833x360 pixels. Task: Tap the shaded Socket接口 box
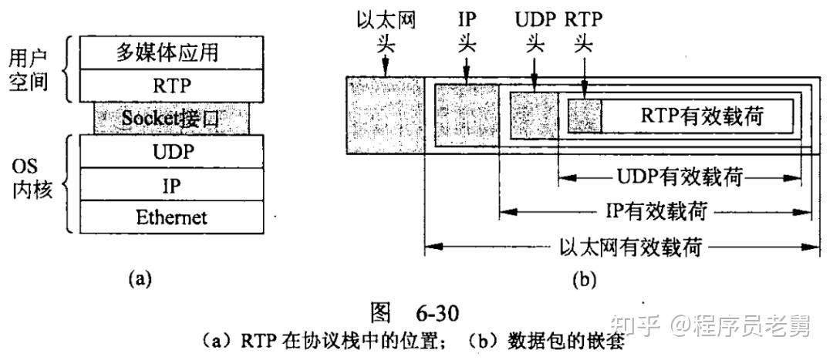pyautogui.click(x=172, y=118)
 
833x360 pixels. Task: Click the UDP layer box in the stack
pyautogui.click(x=172, y=151)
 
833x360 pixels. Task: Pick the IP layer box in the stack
pyautogui.click(x=172, y=184)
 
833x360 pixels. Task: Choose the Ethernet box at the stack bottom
pyautogui.click(x=172, y=217)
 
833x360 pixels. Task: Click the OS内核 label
pyautogui.click(x=30, y=179)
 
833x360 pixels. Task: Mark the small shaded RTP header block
pyautogui.click(x=584, y=116)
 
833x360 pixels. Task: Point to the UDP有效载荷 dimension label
pyautogui.click(x=680, y=178)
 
